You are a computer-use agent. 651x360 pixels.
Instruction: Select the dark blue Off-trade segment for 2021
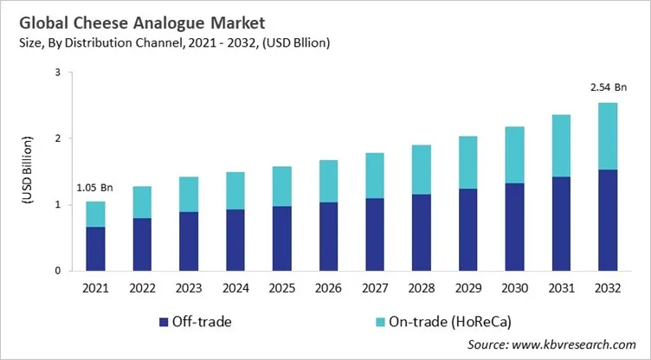pos(95,248)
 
